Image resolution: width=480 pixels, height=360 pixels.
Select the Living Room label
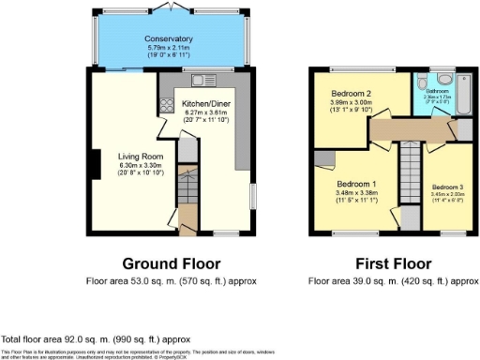(x=136, y=157)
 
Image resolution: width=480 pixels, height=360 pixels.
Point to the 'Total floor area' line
(x=96, y=338)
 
